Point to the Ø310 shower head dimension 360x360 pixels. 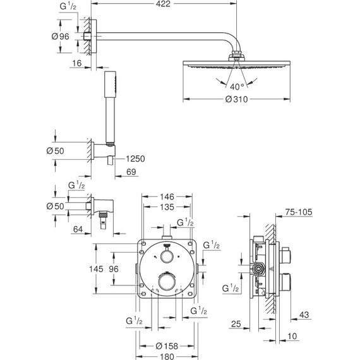(x=237, y=100)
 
